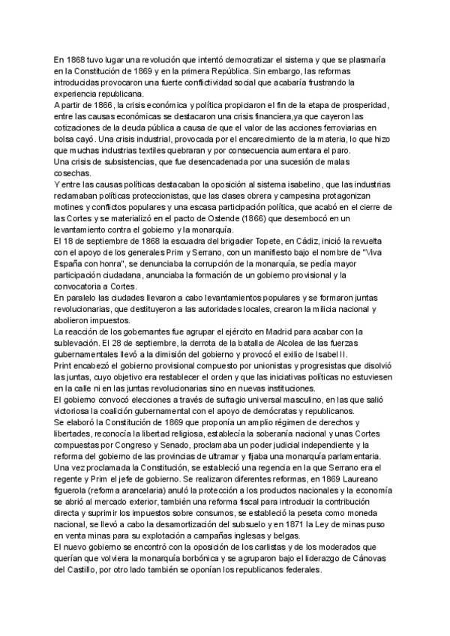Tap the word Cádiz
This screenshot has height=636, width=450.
[x=268, y=241]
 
